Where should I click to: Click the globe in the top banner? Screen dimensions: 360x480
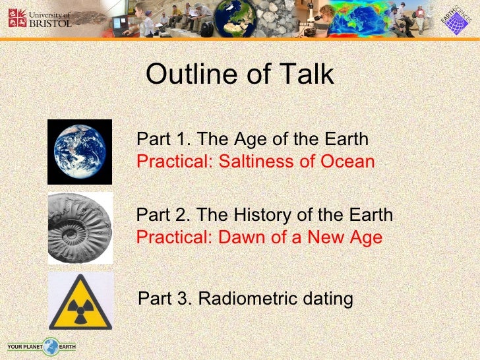click(234, 18)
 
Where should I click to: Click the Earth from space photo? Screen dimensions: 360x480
click(80, 152)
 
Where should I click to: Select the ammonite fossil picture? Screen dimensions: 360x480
click(80, 228)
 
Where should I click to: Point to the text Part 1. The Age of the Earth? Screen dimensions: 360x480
click(252, 140)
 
